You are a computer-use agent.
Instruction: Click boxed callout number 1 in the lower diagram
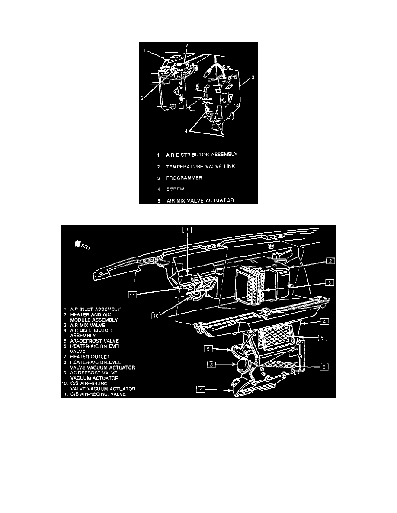pyautogui.click(x=186, y=230)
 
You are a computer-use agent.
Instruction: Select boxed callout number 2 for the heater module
pyautogui.click(x=329, y=260)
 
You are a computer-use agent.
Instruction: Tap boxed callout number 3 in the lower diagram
pyautogui.click(x=329, y=282)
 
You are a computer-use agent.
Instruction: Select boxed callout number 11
pyautogui.click(x=133, y=294)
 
